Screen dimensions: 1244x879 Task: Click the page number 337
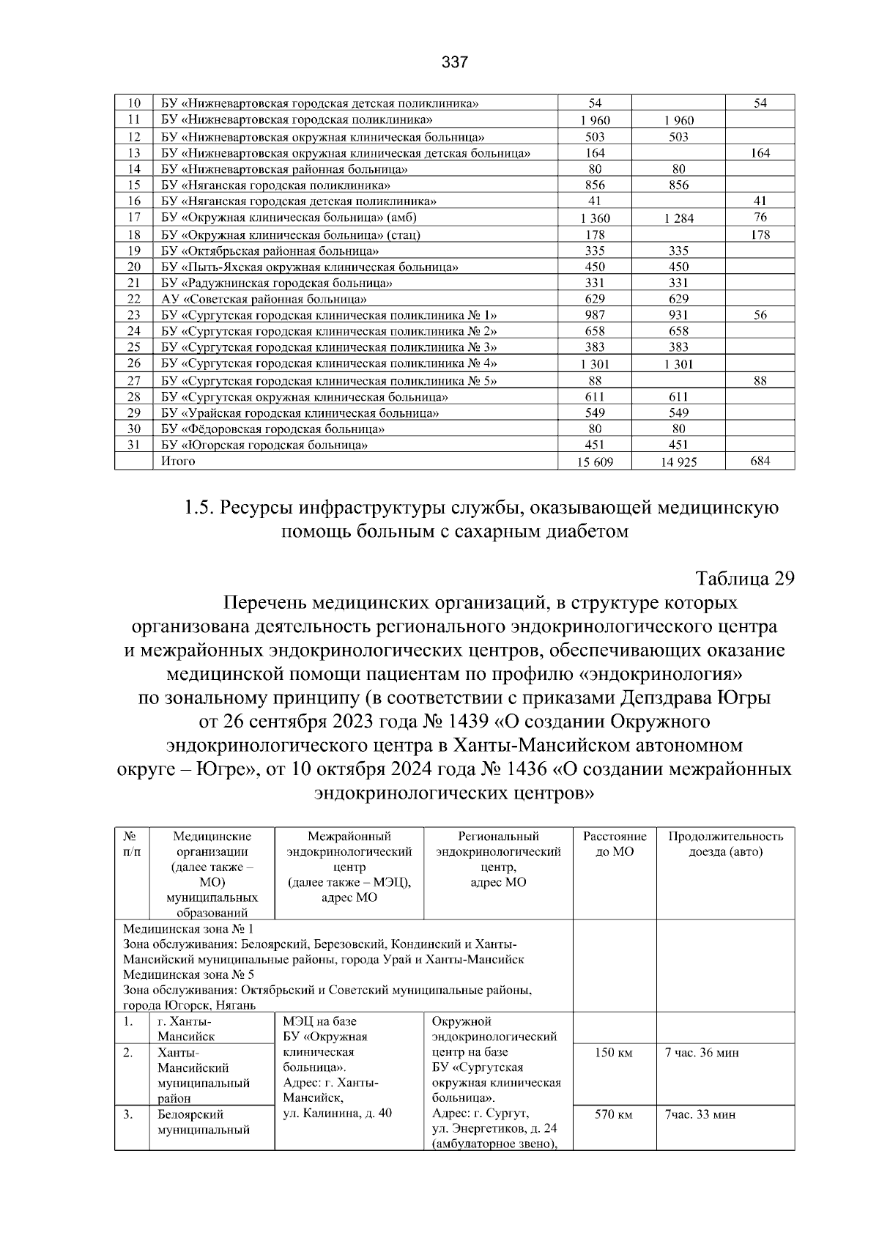tap(454, 63)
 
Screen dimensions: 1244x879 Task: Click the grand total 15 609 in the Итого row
tap(595, 462)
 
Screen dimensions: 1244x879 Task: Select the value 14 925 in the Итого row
tap(678, 462)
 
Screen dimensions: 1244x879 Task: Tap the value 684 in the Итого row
tap(760, 461)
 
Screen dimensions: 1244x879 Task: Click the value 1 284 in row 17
tap(678, 218)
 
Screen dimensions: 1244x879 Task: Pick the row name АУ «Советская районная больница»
tap(264, 299)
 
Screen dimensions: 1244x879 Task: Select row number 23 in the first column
tap(133, 315)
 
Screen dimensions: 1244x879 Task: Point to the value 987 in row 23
tap(595, 315)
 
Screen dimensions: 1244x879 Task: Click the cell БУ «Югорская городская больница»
tap(264, 445)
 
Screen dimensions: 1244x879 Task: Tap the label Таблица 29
tap(745, 578)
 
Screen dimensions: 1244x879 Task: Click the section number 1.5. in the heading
tap(199, 507)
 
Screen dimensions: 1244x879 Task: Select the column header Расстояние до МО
tap(615, 844)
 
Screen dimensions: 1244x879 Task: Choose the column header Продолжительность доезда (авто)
tap(725, 844)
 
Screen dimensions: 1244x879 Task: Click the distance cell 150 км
tap(614, 1053)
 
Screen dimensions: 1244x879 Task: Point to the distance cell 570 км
tap(614, 1114)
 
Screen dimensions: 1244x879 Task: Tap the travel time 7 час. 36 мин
tap(702, 1053)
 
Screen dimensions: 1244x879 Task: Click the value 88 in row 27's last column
tap(760, 380)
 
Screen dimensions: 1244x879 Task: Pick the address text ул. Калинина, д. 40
tap(337, 1114)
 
